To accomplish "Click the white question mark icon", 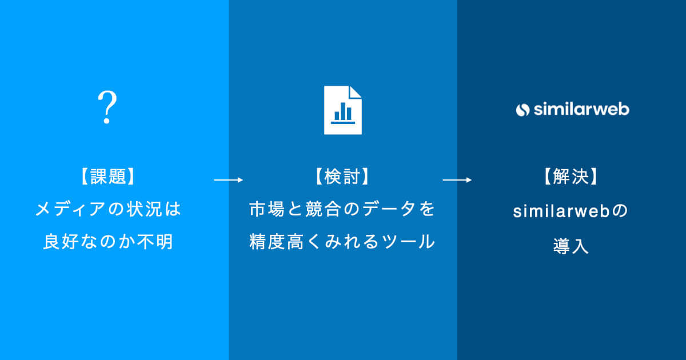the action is pos(107,107).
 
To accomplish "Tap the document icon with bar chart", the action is pos(343,110).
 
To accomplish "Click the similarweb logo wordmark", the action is pos(581,109).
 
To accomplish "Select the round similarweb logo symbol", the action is pos(523,110).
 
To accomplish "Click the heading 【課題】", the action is pos(108,177).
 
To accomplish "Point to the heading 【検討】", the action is pos(342,177).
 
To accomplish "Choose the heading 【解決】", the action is pos(571,177).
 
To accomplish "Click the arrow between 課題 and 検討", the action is pos(229,180).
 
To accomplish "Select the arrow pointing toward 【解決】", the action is pos(457,180).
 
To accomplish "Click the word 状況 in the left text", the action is pos(144,209).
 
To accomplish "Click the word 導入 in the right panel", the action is pos(571,246).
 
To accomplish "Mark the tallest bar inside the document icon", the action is pos(343,111).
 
